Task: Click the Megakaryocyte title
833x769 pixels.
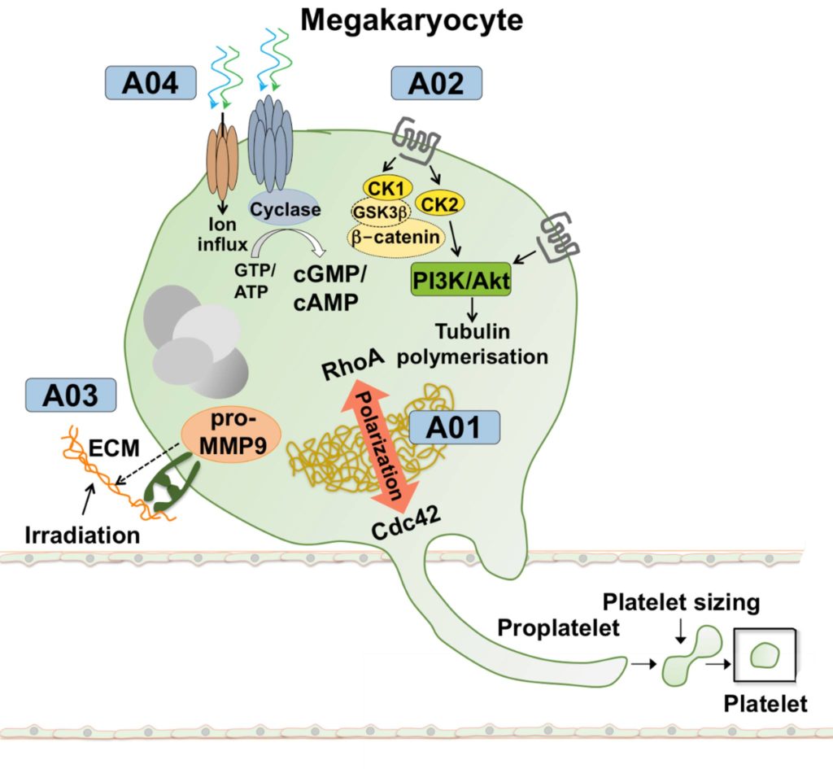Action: click(x=412, y=20)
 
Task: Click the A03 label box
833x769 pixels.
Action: click(x=72, y=396)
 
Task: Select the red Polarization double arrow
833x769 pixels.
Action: click(x=379, y=442)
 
